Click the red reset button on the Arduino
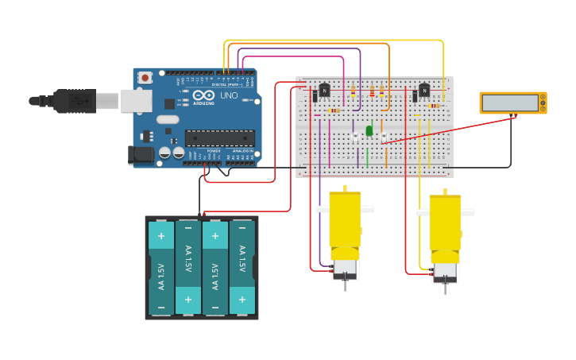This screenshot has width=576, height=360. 145,78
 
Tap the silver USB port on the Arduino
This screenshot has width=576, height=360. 136,100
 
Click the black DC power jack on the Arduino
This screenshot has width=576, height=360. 141,155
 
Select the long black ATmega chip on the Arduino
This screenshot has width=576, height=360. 220,137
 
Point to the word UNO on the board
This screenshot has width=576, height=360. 229,95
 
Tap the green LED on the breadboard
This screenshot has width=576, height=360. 369,130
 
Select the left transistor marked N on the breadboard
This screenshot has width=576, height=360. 324,91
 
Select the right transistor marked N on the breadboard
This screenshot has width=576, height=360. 423,91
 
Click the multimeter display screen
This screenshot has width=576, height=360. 509,103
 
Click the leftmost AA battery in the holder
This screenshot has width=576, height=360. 161,268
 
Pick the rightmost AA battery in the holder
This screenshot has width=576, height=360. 242,268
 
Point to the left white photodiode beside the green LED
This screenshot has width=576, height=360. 356,137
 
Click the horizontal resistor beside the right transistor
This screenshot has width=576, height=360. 434,106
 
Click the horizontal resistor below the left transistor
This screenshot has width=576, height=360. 334,110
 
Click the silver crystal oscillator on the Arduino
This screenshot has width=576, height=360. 168,119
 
